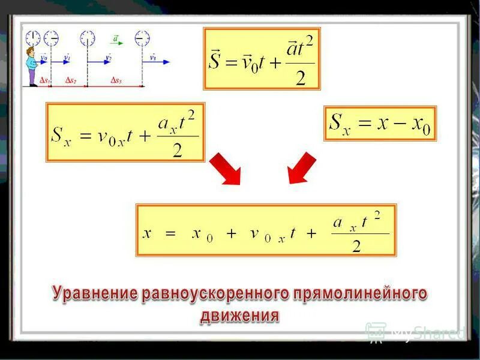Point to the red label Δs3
(116, 80)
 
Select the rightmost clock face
(142, 38)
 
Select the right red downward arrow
(301, 167)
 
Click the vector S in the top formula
(215, 60)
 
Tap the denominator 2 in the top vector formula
(301, 77)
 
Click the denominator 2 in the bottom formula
(356, 246)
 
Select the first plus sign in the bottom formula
(231, 234)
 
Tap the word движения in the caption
(239, 315)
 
